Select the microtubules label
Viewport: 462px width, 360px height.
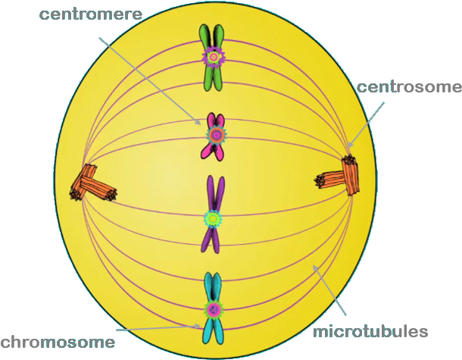(370, 332)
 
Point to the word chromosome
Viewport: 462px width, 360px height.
(58, 342)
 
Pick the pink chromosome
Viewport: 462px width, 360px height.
(216, 148)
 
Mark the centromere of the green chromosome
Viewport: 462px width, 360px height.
(214, 55)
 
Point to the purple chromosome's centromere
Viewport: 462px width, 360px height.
(213, 218)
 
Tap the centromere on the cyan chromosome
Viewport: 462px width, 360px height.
(213, 308)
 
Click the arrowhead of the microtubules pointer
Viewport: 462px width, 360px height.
(314, 266)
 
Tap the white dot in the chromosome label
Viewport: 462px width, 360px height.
(35, 343)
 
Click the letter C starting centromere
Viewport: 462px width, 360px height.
(46, 15)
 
